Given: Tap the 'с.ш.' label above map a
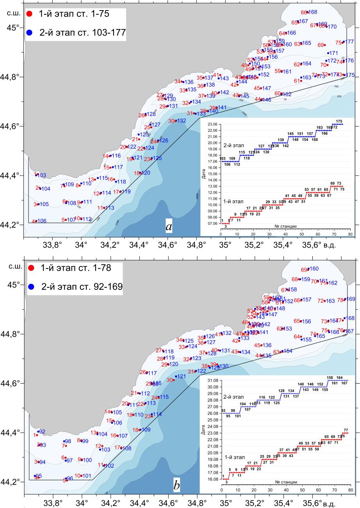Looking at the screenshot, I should pos(13,13).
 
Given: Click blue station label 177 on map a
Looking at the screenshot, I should pos(349,42).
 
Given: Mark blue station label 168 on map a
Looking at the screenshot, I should pos(313,12).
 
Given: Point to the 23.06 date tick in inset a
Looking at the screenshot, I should pos(213,124).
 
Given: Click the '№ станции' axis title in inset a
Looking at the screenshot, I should pos(285,226).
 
